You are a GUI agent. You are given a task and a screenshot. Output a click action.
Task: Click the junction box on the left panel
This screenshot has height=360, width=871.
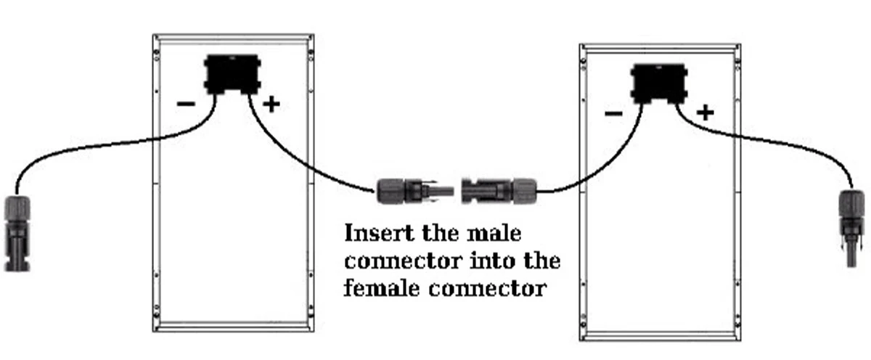coord(232,75)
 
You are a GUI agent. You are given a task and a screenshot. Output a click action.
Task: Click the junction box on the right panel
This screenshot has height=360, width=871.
coord(659,84)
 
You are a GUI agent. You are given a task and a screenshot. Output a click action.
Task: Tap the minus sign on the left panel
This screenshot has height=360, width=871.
coord(186,104)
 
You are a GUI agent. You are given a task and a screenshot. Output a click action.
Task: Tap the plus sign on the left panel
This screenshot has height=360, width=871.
coord(271,105)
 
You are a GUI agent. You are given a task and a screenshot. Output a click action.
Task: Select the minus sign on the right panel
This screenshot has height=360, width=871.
coord(613,113)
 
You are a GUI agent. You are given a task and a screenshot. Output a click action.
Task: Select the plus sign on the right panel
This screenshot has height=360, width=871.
coord(706,113)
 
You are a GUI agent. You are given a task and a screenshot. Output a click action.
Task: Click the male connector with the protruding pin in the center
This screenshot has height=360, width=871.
coord(415,191)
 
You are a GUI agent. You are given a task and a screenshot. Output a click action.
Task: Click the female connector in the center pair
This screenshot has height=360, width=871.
coord(499,191)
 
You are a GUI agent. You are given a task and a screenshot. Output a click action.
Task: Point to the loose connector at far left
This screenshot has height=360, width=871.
coord(17,233)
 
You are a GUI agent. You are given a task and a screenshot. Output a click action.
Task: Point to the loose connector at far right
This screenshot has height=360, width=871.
coord(852,228)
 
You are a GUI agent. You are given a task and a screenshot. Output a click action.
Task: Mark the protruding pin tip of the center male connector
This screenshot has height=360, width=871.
coord(453,192)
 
